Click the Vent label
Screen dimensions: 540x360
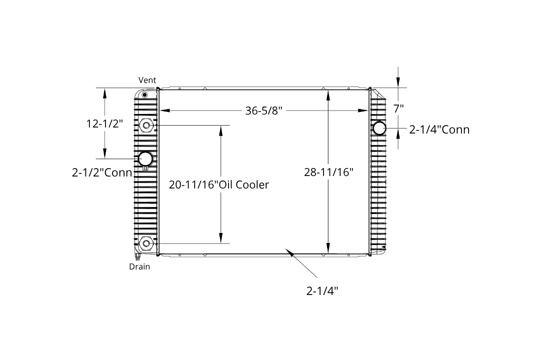147,80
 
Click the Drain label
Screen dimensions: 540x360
139,266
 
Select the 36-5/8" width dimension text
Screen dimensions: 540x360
264,110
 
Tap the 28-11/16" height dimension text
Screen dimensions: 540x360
329,172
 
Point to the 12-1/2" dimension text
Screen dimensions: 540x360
104,123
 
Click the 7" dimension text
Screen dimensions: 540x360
398,108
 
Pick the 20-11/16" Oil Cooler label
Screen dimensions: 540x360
218,184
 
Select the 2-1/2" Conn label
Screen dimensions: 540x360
102,172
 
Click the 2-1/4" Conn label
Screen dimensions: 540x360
439,129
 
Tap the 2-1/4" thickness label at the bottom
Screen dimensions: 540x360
322,291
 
